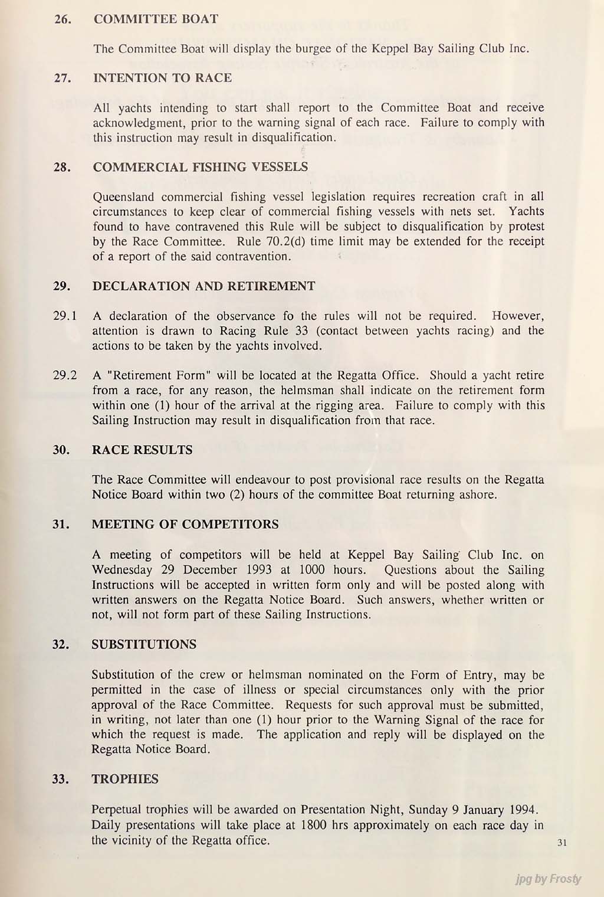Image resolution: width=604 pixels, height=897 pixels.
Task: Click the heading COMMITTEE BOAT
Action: (x=156, y=19)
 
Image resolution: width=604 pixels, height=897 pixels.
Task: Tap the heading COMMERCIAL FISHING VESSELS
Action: (x=200, y=167)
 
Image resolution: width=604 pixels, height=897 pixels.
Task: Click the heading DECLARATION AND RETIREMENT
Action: (x=203, y=286)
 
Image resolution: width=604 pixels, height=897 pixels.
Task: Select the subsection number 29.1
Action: (x=65, y=316)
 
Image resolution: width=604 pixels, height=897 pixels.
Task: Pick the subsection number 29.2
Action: (x=65, y=375)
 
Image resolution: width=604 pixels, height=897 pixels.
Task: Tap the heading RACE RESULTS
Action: (x=142, y=450)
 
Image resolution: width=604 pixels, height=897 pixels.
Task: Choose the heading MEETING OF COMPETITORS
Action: (x=185, y=524)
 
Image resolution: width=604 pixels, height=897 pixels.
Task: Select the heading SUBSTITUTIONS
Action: (x=144, y=644)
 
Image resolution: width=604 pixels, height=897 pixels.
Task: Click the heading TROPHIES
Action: (x=125, y=779)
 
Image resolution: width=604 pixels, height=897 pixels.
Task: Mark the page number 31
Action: (x=561, y=843)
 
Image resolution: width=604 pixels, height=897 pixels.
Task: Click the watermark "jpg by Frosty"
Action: (x=547, y=879)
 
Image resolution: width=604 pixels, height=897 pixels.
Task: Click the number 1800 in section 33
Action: (x=314, y=825)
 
